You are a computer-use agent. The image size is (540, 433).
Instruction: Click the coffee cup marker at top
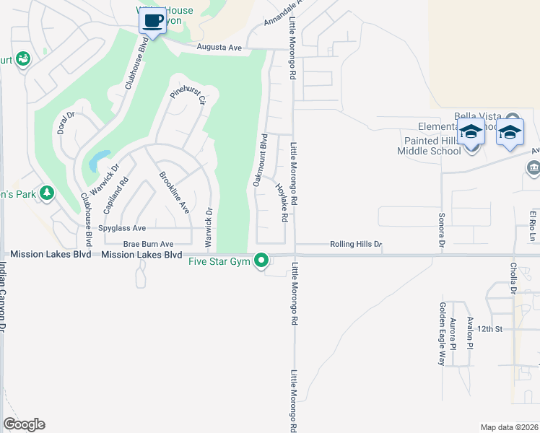coord(152,21)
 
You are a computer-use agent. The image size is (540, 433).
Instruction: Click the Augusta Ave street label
coord(220,47)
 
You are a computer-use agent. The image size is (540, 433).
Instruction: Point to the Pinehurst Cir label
coord(188,95)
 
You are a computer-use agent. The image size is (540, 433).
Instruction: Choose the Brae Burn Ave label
coord(149,245)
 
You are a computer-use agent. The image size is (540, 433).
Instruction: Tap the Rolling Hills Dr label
coord(355,245)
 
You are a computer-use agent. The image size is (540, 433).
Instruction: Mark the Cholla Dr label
coord(514,279)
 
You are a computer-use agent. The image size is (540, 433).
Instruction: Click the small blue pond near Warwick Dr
coord(98,161)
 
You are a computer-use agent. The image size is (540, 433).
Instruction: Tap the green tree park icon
coord(47,193)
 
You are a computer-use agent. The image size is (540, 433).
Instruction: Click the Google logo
coord(24,424)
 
